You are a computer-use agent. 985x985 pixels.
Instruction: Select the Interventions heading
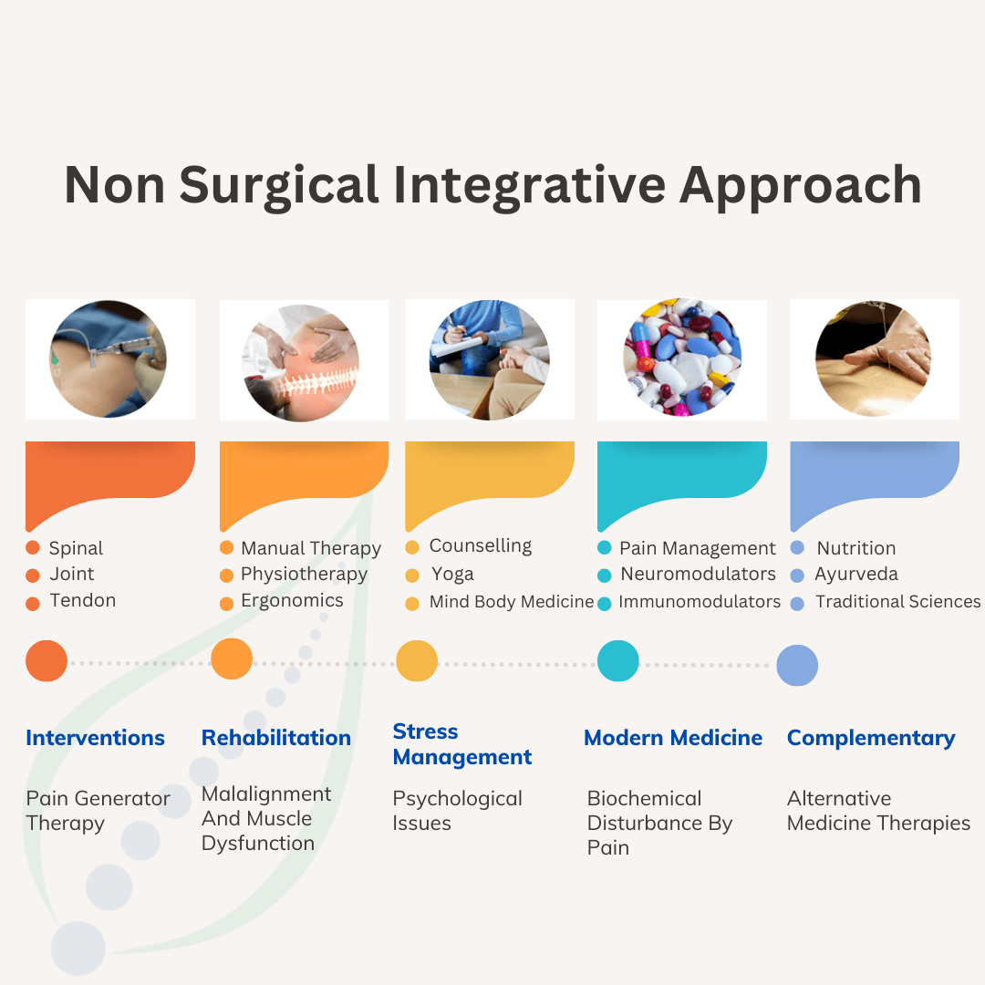point(96,738)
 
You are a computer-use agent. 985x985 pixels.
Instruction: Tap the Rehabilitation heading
point(276,738)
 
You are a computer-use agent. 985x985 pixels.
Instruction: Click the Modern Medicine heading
point(673,738)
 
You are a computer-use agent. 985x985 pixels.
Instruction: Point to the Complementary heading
point(871,738)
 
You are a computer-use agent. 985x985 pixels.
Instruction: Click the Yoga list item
point(453,575)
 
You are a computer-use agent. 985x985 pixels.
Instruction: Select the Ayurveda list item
point(856,575)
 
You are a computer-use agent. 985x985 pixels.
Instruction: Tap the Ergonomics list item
point(292,601)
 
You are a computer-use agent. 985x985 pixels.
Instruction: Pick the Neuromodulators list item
point(698,575)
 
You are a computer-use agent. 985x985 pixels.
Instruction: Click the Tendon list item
point(83,601)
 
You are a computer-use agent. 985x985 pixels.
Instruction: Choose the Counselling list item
point(481,546)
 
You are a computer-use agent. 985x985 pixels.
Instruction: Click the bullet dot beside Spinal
point(33,548)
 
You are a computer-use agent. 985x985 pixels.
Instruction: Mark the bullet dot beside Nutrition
point(797,548)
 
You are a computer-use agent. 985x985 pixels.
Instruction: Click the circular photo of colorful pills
point(682,358)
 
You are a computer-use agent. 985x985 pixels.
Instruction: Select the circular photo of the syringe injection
point(108,358)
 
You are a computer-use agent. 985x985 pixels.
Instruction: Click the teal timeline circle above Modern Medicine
point(617,661)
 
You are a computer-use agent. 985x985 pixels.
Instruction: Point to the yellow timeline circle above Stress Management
point(417,661)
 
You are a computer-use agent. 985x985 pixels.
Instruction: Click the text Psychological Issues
point(457,811)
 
